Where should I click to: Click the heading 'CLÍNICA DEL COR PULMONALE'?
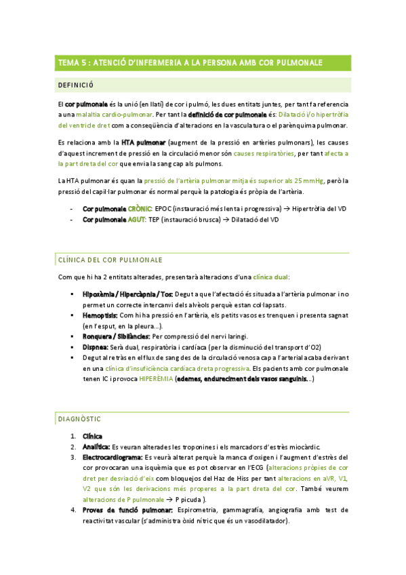click(x=110, y=260)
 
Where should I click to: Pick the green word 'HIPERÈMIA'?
click(x=155, y=379)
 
